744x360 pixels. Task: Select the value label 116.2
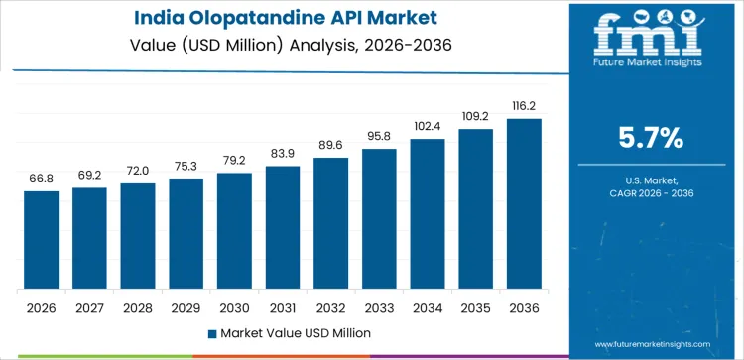pos(524,104)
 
